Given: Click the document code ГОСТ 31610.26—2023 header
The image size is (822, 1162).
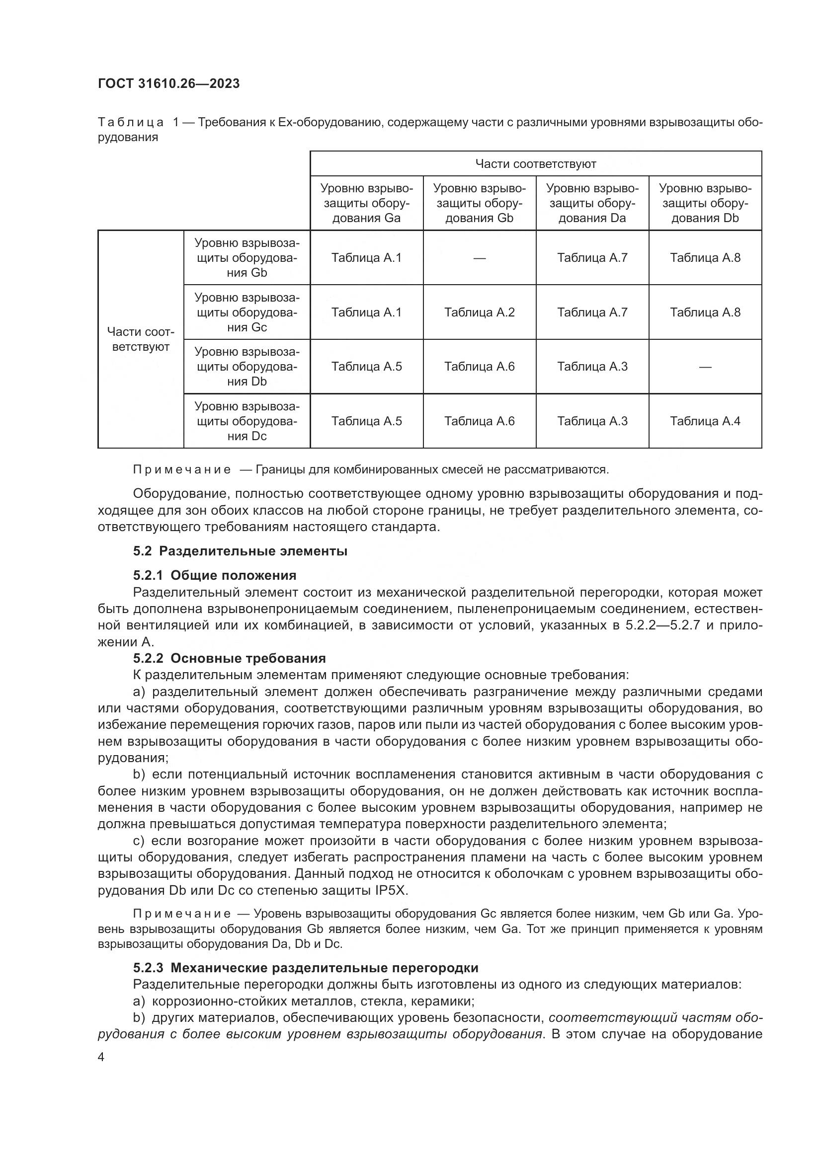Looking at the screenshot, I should (168, 83).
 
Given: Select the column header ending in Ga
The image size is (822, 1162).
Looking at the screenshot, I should (366, 204).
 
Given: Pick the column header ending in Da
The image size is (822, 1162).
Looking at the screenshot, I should (592, 204).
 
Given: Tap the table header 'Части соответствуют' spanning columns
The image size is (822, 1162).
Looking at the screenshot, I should (536, 164).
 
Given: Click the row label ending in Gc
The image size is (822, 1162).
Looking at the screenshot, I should (247, 312).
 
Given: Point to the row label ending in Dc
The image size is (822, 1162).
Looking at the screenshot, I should (247, 421).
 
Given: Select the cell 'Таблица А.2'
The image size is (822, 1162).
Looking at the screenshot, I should (479, 312).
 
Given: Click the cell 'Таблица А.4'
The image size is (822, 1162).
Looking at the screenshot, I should (705, 421).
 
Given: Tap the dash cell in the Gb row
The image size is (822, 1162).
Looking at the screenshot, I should (479, 258).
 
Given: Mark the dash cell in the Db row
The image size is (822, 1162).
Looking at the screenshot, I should (705, 367).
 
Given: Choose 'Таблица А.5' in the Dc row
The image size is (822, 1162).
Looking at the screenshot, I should (366, 421).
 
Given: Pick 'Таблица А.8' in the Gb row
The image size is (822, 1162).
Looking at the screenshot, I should (705, 258).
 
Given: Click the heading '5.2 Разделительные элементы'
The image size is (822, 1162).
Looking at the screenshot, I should (240, 551).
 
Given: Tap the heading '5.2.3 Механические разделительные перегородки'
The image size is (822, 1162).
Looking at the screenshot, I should (306, 968).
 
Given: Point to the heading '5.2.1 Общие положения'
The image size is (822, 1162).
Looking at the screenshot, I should (215, 575).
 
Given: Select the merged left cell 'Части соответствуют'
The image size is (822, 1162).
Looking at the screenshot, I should (141, 340).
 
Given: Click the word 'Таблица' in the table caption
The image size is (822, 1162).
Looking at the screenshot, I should (131, 123).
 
